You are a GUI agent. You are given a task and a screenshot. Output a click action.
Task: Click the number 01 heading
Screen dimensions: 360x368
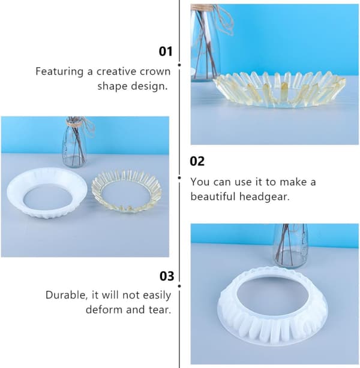[166, 52]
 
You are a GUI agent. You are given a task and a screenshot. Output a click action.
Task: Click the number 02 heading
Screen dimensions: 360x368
[197, 161]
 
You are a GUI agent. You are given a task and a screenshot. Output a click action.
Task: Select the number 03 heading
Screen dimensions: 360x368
[167, 276]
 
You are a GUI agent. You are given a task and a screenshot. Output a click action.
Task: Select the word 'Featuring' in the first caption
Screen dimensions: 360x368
[59, 71]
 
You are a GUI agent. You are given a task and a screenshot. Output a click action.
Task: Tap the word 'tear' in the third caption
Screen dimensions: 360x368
[160, 310]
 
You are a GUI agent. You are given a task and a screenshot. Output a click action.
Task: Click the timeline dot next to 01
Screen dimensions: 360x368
[179, 65]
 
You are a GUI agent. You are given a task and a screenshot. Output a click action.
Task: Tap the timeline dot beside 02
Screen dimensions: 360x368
[179, 178]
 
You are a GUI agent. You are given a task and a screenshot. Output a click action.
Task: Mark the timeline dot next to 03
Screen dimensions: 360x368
[179, 286]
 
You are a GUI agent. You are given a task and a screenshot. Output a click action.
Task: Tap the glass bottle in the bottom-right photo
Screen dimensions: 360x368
[290, 245]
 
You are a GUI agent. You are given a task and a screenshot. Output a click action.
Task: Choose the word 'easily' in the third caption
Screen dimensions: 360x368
[157, 295]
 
